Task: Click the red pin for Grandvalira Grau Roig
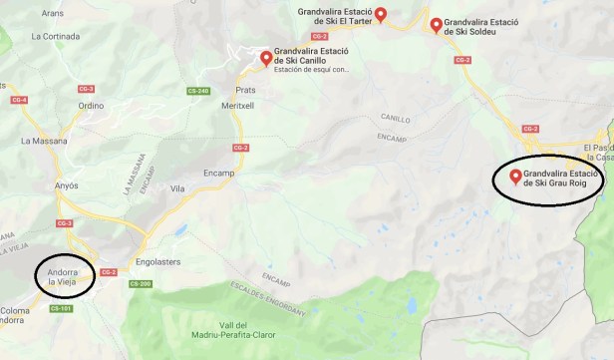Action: pos(515,177)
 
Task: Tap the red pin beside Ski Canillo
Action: pos(266,58)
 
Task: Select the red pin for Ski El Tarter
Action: pos(380,15)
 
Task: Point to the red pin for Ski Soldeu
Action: pos(436,25)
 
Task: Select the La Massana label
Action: pos(43,141)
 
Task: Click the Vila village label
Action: pos(177,187)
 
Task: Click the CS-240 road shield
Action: pos(198,92)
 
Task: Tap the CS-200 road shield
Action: pos(140,284)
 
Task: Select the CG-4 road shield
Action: pos(18,100)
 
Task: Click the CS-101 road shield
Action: pos(60,308)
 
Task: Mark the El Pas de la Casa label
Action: pos(597,151)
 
